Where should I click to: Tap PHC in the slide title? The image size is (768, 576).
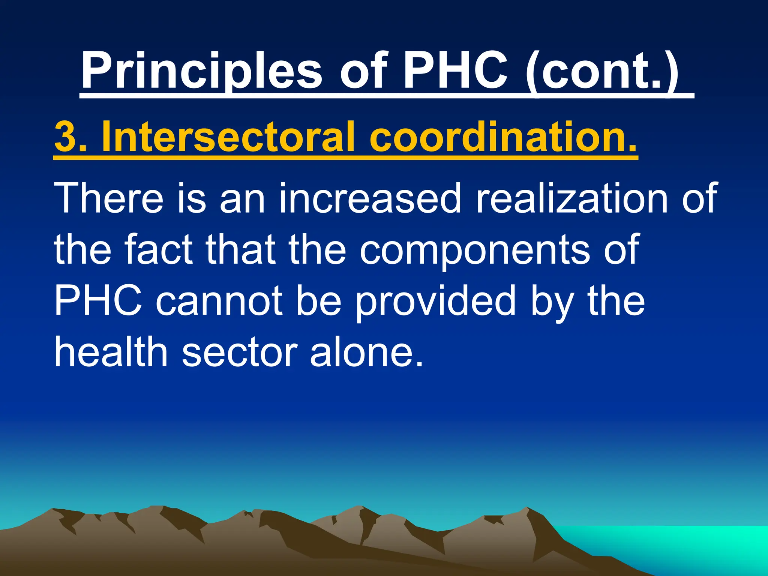click(455, 70)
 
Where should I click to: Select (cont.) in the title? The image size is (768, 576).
click(602, 70)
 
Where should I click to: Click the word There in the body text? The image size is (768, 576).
click(109, 198)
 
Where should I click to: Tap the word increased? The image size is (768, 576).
click(370, 198)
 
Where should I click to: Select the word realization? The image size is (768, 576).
click(571, 198)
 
